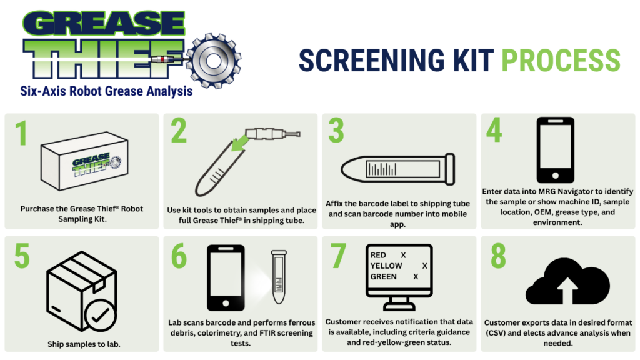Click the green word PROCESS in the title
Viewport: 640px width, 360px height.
coord(561,61)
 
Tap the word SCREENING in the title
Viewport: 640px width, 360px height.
coord(372,61)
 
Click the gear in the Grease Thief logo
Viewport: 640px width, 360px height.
coord(214,61)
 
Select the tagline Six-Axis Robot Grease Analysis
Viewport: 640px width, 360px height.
coord(106,91)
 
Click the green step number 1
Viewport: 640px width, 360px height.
coord(21,133)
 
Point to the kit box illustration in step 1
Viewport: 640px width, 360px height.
coord(84,161)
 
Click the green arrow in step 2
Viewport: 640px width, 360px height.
coord(240,142)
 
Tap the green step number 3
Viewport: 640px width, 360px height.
coord(336,131)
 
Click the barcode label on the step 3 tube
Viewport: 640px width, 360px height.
coord(403,169)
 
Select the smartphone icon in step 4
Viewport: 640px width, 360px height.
coord(556,150)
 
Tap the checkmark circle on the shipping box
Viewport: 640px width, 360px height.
coord(101,315)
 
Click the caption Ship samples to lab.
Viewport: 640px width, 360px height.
coord(84,344)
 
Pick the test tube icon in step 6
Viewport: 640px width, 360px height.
coord(279,277)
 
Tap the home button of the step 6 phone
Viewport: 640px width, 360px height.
coord(226,303)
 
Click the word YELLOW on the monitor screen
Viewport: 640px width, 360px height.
coord(386,266)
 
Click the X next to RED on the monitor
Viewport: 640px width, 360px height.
coord(403,255)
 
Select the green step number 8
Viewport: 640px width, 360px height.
coord(498,256)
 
